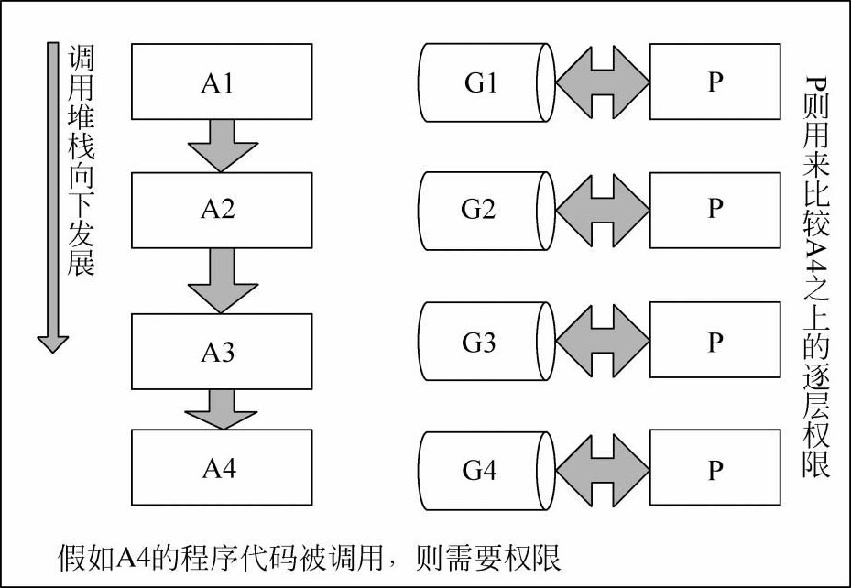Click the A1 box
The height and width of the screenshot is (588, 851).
[222, 82]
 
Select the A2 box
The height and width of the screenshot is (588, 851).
[222, 211]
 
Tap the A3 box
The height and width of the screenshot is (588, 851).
[222, 352]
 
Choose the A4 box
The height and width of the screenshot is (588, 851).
[222, 467]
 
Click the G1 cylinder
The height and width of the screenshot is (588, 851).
[486, 82]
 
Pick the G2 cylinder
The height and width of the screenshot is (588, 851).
[486, 211]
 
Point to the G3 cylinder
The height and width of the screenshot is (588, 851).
[486, 342]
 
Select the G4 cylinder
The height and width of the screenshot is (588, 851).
[486, 471]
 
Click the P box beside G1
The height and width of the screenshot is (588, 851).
[715, 82]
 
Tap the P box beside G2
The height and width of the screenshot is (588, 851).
[715, 211]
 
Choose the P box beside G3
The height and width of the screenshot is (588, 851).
[715, 340]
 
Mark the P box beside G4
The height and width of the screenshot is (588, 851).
[715, 468]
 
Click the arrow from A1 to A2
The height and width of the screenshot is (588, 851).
[223, 146]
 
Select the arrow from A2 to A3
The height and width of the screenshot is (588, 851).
[223, 280]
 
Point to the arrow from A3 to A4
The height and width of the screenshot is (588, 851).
[222, 409]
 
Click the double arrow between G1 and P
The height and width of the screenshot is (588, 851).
[603, 82]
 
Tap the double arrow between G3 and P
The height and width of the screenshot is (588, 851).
[603, 341]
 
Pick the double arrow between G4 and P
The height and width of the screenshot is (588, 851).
[603, 470]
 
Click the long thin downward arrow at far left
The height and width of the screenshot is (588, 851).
[52, 198]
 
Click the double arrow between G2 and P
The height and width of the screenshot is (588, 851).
[603, 211]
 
